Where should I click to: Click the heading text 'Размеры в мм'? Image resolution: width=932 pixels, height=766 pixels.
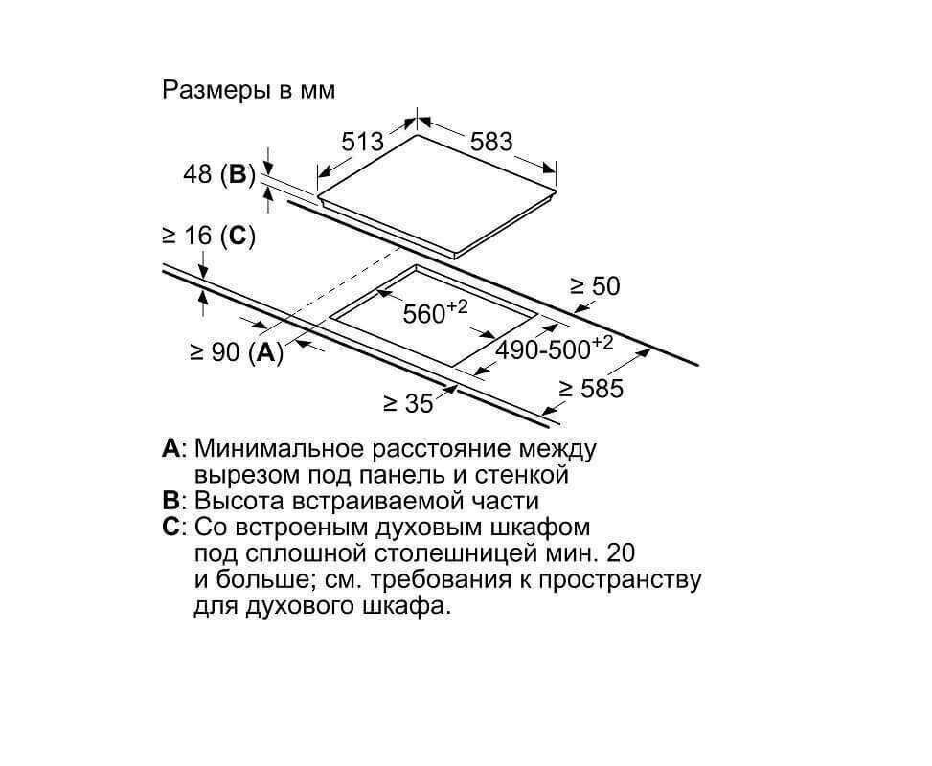pyautogui.click(x=249, y=90)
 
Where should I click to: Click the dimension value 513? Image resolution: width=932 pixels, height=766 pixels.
pyautogui.click(x=363, y=142)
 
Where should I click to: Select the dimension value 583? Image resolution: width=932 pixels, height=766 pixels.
pyautogui.click(x=491, y=142)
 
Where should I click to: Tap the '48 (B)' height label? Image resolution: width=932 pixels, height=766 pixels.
pyautogui.click(x=219, y=174)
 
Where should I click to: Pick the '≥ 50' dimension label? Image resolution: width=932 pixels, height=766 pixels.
pyautogui.click(x=595, y=285)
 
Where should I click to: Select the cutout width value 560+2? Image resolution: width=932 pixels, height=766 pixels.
pyautogui.click(x=434, y=312)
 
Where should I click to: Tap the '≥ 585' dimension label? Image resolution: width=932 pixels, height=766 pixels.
pyautogui.click(x=591, y=389)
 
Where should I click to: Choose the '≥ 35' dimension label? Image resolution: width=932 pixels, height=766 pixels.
pyautogui.click(x=408, y=404)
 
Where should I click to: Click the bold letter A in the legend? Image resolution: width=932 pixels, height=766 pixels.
pyautogui.click(x=171, y=448)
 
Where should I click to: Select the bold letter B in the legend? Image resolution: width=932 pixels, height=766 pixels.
pyautogui.click(x=171, y=501)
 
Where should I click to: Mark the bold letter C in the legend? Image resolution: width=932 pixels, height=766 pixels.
pyautogui.click(x=171, y=528)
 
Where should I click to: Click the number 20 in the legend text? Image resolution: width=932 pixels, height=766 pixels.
pyautogui.click(x=621, y=553)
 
